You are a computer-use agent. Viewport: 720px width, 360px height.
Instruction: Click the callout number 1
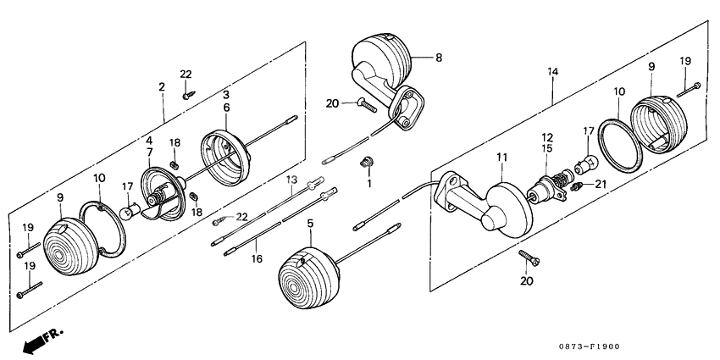[x=368, y=183]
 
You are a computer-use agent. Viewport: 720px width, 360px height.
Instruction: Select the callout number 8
[x=439, y=58]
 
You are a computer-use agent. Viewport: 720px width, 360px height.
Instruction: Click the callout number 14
[x=552, y=74]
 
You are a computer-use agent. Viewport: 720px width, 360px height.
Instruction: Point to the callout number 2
[x=161, y=88]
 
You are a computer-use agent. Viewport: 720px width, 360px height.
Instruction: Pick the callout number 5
[x=309, y=224]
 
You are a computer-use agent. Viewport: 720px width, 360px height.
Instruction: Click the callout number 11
[x=501, y=158]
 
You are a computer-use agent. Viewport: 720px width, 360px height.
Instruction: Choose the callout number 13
[x=290, y=180]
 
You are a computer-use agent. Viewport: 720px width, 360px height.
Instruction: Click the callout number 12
[x=548, y=137]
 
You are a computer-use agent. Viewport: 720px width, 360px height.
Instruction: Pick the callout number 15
[x=548, y=149]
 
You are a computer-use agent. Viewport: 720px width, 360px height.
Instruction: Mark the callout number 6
[x=226, y=108]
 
